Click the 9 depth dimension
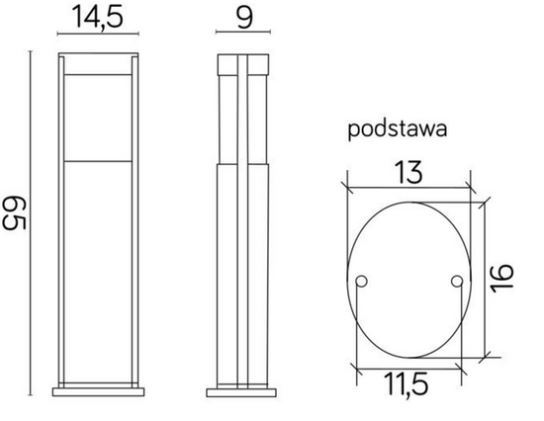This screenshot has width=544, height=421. click(x=242, y=18)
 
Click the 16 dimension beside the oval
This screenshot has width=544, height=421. click(x=506, y=278)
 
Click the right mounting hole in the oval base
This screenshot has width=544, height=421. click(x=456, y=284)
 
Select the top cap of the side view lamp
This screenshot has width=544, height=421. click(x=242, y=60)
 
